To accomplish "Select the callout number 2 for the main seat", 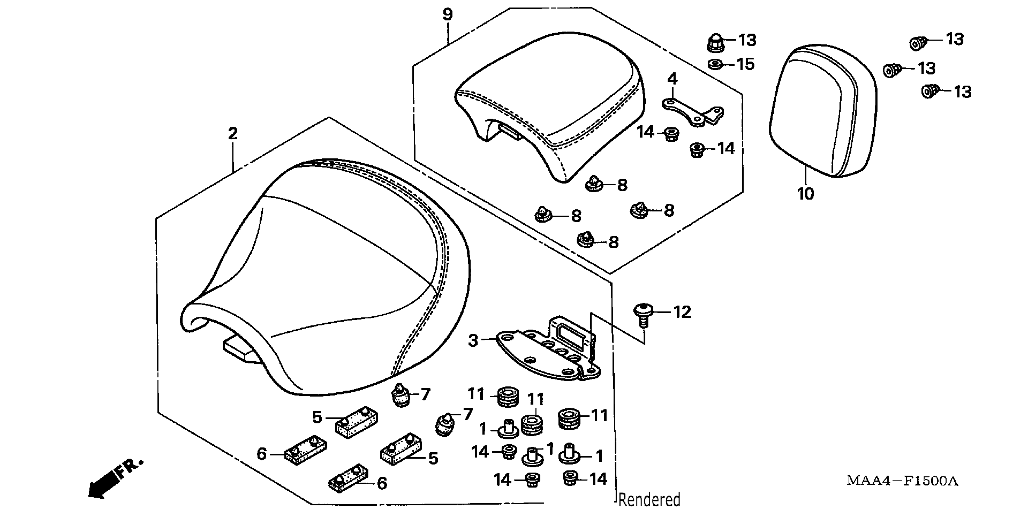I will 233,133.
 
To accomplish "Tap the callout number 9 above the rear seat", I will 448,15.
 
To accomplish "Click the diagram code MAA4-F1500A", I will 902,481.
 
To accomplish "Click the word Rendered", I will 649,500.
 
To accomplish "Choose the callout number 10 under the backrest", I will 805,194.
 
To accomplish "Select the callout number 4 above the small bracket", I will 673,79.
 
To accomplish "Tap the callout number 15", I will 746,64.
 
